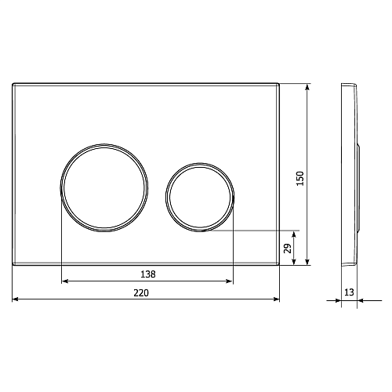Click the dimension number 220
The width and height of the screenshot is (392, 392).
pyautogui.click(x=141, y=293)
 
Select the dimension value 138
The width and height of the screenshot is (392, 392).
pyautogui.click(x=148, y=274)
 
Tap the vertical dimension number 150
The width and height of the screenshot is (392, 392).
pyautogui.click(x=300, y=179)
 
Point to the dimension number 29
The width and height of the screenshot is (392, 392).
pyautogui.click(x=288, y=249)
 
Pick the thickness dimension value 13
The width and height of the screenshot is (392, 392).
pyautogui.click(x=349, y=292)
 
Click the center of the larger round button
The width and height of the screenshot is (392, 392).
pyautogui.click(x=104, y=187)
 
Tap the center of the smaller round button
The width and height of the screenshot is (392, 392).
pyautogui.click(x=200, y=197)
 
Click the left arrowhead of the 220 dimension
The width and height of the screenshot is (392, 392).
pyautogui.click(x=16, y=299)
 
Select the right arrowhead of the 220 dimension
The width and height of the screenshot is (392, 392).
pyautogui.click(x=277, y=299)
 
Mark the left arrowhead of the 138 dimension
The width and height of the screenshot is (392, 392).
pyautogui.click(x=64, y=281)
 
